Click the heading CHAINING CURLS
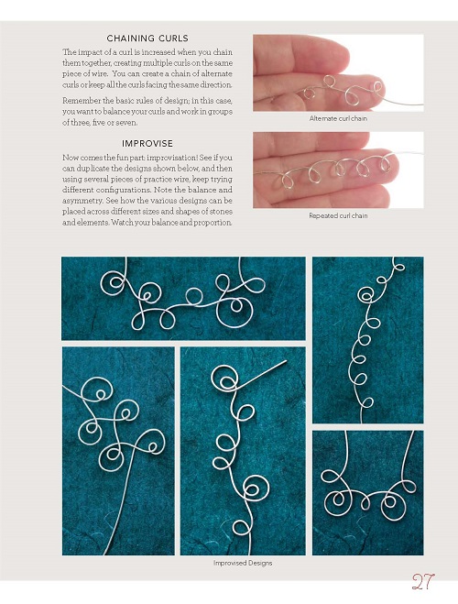[x=147, y=38]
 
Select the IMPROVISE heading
[x=147, y=143]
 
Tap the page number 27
[x=423, y=582]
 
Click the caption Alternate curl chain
[x=338, y=118]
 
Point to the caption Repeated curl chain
[x=338, y=215]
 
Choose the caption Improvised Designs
[x=243, y=563]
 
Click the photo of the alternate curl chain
[x=338, y=73]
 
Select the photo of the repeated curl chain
[x=338, y=170]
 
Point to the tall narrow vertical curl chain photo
[x=368, y=340]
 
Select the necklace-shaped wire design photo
[x=368, y=493]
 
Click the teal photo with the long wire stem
[x=118, y=451]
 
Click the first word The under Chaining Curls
[x=70, y=52]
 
